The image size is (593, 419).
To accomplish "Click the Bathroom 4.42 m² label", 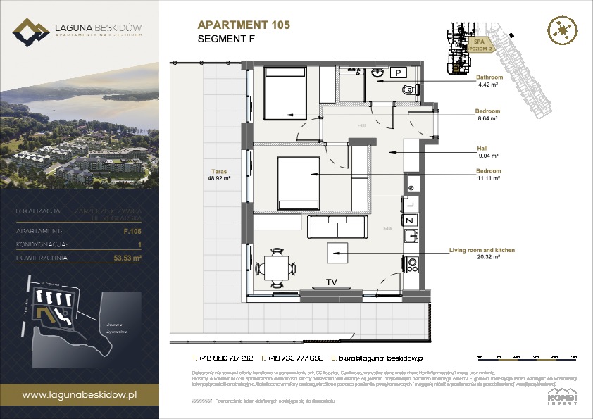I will (488, 80).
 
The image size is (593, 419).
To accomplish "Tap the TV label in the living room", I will (331, 282).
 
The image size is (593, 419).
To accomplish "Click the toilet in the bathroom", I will (410, 89).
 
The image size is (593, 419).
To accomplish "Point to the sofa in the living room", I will (337, 227).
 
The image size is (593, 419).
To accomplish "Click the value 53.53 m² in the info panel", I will (127, 258).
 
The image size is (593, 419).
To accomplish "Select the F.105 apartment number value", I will (132, 230).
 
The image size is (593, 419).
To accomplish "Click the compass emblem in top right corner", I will (563, 31).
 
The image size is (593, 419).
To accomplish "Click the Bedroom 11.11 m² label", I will (488, 175).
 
